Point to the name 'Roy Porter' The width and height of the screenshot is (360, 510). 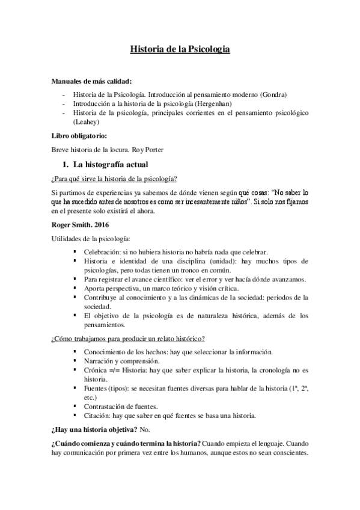pyautogui.click(x=138, y=149)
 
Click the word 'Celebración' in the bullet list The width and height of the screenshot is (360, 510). pyautogui.click(x=104, y=251)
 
